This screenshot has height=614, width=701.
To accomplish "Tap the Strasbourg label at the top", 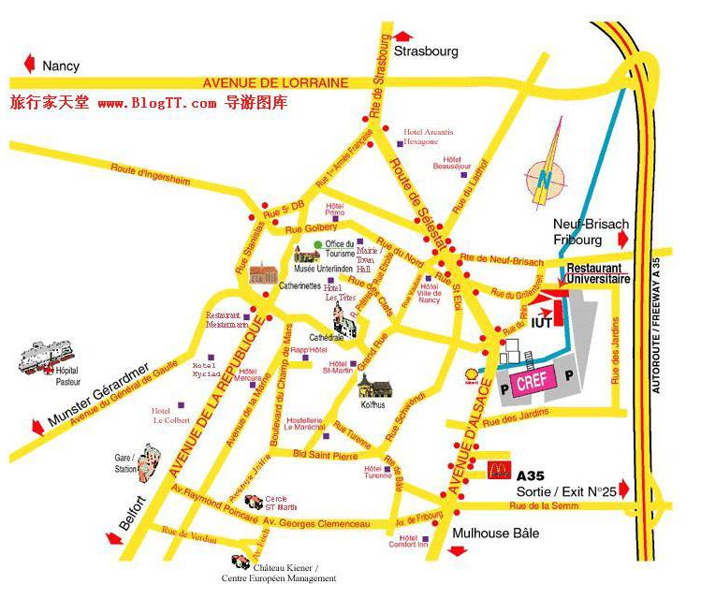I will [426, 51].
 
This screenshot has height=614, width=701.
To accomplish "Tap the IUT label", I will [542, 323].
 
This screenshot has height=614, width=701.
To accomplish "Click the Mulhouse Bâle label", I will [493, 534].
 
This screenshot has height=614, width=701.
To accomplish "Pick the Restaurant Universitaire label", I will [598, 272].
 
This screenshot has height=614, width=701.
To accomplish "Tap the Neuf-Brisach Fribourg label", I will [591, 231].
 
